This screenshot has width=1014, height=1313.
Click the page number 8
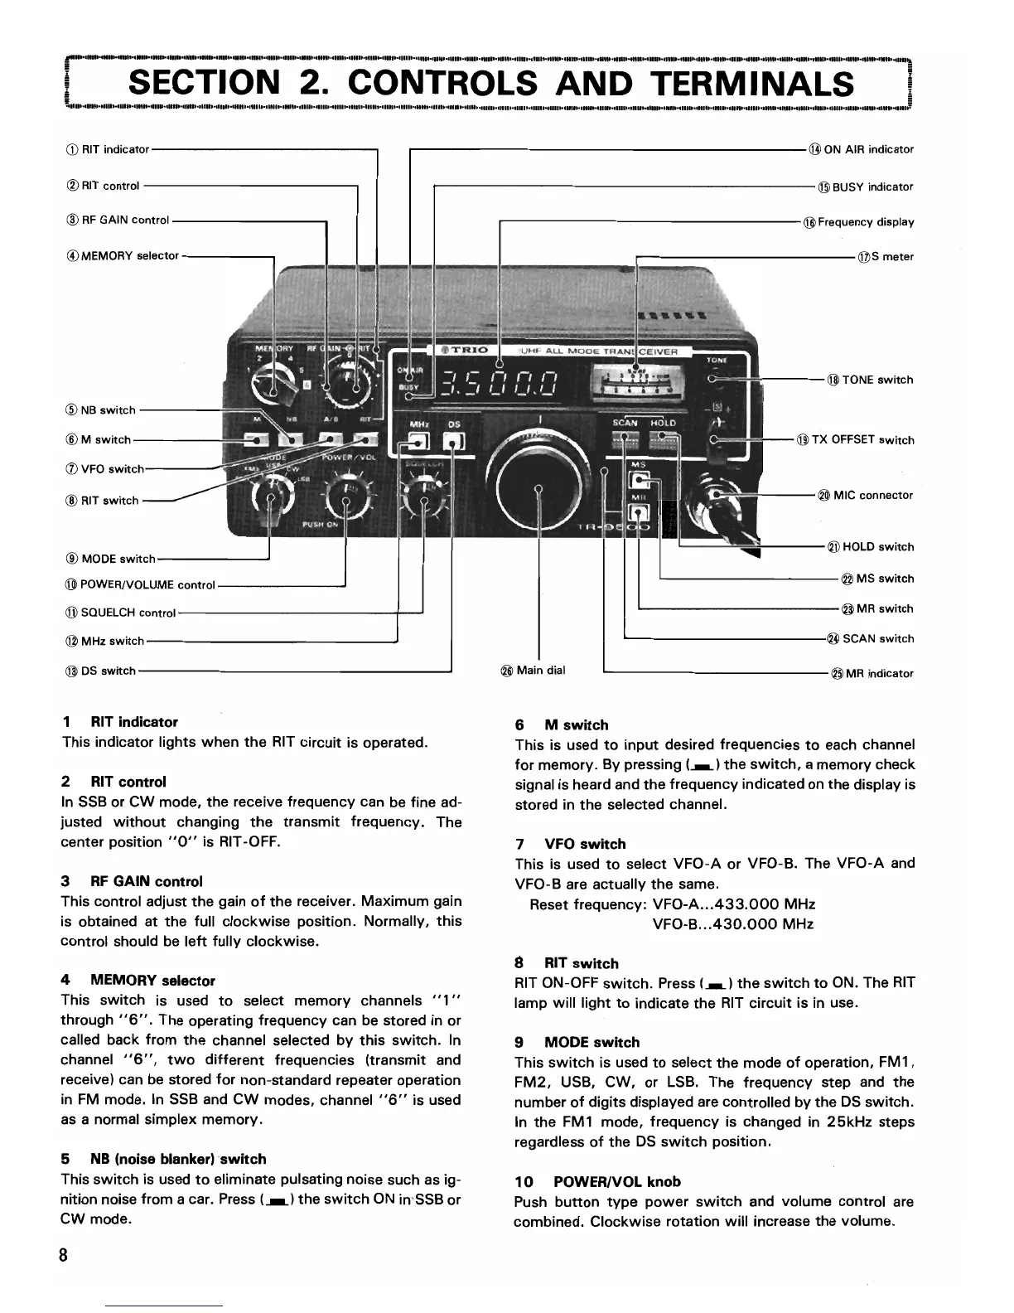(x=63, y=1253)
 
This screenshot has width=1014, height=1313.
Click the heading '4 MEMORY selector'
(x=138, y=981)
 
